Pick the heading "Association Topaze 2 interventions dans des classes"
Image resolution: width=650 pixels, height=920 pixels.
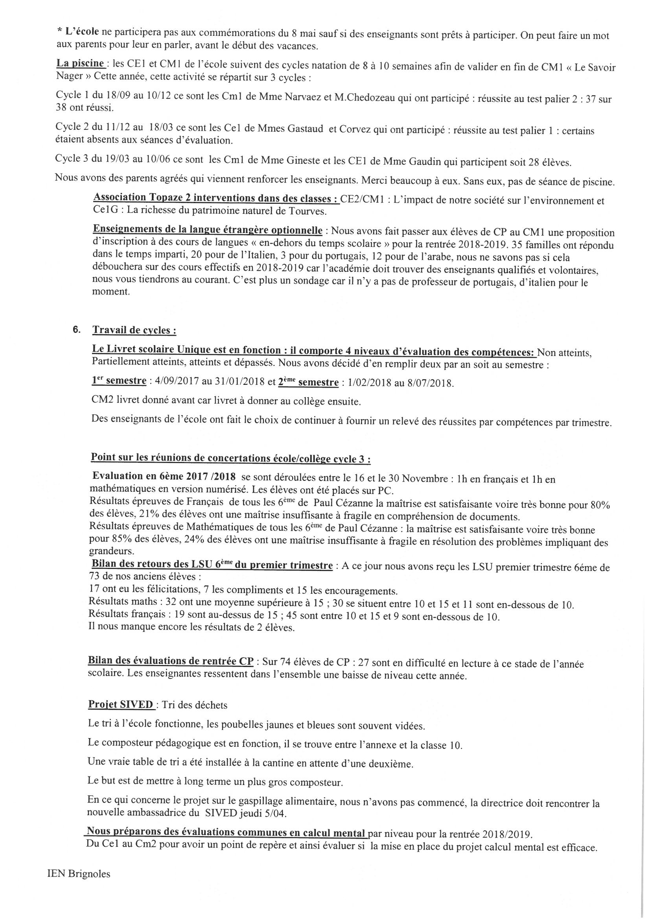click(216, 198)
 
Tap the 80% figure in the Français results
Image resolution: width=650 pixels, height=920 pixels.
click(600, 505)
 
